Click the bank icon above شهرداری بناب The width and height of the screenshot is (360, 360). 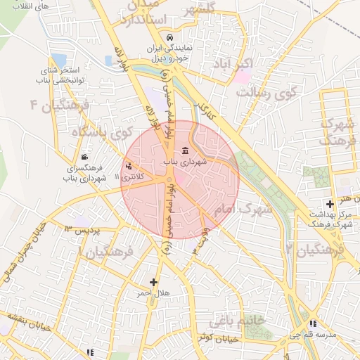click(x=185, y=150)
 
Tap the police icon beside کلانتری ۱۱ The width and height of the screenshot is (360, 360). click(x=129, y=167)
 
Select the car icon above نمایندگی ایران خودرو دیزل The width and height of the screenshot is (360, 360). click(x=168, y=37)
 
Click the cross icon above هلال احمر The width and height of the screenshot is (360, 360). click(x=153, y=281)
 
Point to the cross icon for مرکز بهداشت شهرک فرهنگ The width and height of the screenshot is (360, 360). click(x=330, y=203)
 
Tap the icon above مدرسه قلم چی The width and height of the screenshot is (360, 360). click(x=313, y=324)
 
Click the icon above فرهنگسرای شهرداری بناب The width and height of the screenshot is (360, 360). click(x=84, y=157)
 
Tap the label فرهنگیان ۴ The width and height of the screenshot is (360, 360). click(x=59, y=105)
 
